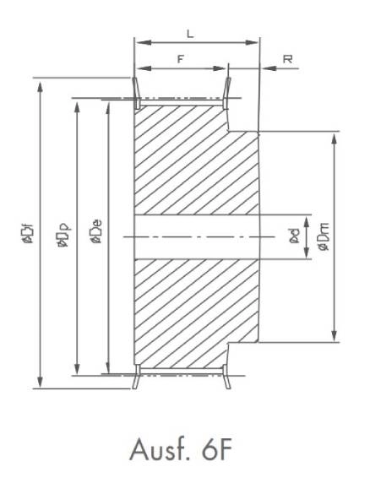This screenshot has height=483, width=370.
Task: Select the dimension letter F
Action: [180, 59]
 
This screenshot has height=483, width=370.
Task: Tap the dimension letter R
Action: [288, 59]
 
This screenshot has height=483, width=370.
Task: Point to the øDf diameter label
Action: [29, 232]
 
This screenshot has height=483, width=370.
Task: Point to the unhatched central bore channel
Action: [194, 236]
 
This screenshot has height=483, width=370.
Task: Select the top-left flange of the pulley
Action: [135, 92]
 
